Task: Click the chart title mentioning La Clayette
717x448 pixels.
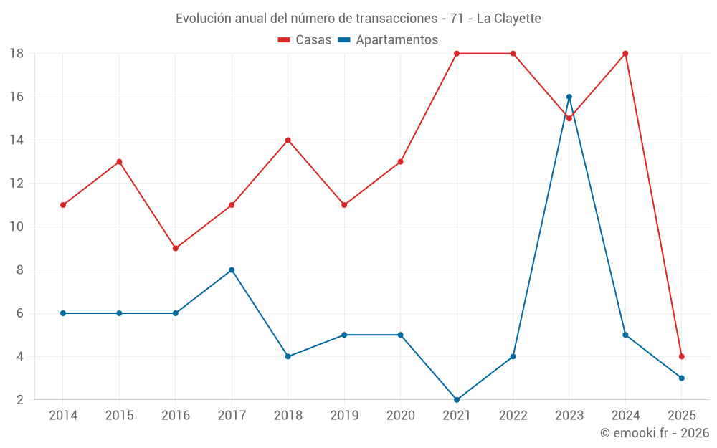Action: click(x=358, y=18)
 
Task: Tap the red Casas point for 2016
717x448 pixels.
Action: click(x=176, y=248)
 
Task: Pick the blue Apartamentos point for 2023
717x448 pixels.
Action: click(x=569, y=97)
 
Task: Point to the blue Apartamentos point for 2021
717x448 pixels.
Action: click(x=457, y=400)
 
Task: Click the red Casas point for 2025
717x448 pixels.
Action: click(x=682, y=356)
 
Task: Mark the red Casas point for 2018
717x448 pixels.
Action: click(x=288, y=140)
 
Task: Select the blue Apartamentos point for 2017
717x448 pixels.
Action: click(x=232, y=270)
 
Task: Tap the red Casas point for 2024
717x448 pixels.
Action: click(x=625, y=54)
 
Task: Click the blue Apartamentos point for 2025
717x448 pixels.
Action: click(x=682, y=378)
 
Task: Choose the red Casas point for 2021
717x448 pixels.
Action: click(x=457, y=54)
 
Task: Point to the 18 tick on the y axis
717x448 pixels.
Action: click(x=16, y=54)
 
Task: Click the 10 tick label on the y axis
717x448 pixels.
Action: click(x=16, y=227)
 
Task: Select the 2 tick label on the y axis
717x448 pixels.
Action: click(x=20, y=400)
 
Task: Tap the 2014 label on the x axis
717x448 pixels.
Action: click(x=63, y=416)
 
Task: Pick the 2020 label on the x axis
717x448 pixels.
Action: click(x=401, y=416)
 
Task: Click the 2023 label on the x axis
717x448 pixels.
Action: click(x=569, y=416)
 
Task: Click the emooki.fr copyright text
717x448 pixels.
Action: click(x=654, y=433)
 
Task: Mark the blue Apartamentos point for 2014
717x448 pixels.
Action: click(x=63, y=313)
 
